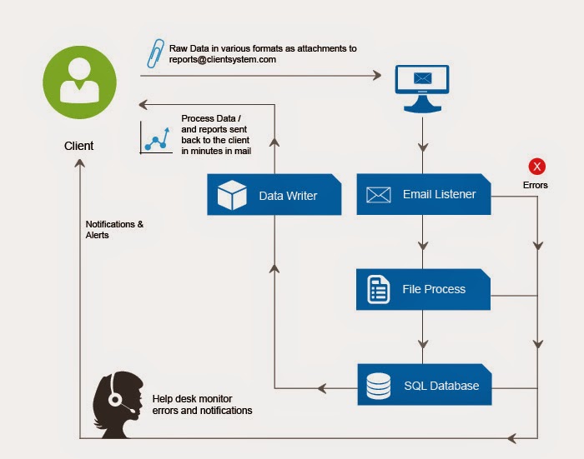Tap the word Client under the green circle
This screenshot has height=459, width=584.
(79, 146)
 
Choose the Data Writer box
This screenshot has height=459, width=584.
(274, 195)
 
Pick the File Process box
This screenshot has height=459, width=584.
(423, 289)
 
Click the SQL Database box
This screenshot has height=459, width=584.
(423, 385)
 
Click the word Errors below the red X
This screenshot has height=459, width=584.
(536, 185)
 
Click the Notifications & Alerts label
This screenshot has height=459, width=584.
(115, 229)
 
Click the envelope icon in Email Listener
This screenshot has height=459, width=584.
(378, 195)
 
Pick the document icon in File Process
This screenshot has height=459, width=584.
(378, 289)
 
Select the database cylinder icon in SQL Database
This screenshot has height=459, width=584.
(378, 385)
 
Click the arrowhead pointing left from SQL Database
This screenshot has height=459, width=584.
(321, 387)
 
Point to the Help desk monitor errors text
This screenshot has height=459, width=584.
(202, 404)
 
